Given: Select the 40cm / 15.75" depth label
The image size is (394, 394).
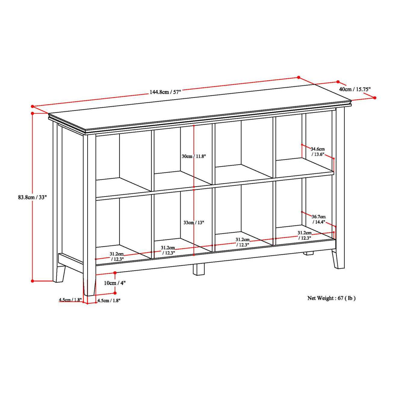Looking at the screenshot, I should (355, 89).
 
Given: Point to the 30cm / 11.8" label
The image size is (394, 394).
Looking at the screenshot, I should (194, 157).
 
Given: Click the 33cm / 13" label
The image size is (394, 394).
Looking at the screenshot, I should (194, 223).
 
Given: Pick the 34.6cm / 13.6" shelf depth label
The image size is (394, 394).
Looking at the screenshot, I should (318, 151).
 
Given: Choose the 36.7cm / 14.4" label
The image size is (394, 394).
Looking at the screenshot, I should (318, 219).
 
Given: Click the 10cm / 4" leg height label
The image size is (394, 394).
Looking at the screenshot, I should (115, 283).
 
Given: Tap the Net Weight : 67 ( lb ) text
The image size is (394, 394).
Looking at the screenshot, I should (331, 298).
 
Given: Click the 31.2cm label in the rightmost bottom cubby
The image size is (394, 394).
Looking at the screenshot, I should (304, 235).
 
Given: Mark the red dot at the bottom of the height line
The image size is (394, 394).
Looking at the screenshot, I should (33, 281).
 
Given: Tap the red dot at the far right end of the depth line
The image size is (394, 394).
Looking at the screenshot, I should (375, 98).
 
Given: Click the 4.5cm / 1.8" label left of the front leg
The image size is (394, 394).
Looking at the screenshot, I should (70, 300).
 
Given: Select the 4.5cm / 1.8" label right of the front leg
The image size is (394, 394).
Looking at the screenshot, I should (109, 300).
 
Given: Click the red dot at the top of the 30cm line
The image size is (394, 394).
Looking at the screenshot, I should (194, 126).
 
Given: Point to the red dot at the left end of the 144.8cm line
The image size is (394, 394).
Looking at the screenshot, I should (32, 106).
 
